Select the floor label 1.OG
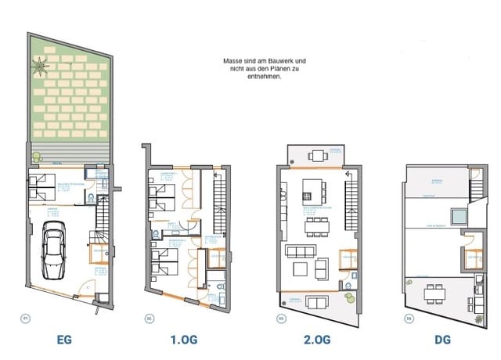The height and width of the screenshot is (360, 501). pos(185,341)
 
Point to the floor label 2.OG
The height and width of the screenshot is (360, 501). pos(316,341)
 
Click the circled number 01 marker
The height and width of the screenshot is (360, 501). pos(25,318)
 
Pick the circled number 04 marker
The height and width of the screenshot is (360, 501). pos(408,318)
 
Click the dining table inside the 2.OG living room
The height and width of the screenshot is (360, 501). pos(316,225)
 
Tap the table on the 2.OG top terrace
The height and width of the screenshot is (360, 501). pos(316,156)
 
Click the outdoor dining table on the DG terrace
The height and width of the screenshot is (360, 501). pos(432,294)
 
